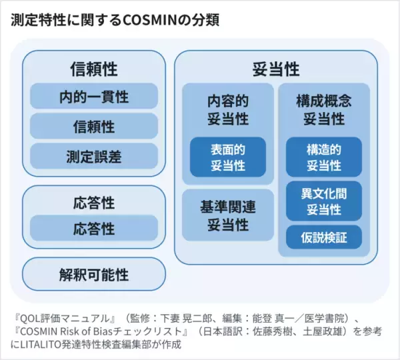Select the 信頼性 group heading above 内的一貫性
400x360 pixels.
point(94,69)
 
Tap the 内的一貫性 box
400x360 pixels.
point(94,97)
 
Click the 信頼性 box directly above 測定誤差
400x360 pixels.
point(94,127)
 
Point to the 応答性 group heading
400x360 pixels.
point(94,201)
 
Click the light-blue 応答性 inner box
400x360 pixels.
point(94,229)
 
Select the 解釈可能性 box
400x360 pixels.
point(94,274)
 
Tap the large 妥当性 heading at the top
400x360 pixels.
point(276,69)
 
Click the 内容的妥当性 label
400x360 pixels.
point(228,110)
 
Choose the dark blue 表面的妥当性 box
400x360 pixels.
point(228,157)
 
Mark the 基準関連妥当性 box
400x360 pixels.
point(228,215)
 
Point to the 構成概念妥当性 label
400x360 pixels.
point(324,110)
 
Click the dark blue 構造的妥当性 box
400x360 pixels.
point(324,157)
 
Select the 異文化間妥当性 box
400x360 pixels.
point(324,201)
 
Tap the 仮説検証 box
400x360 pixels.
point(324,237)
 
